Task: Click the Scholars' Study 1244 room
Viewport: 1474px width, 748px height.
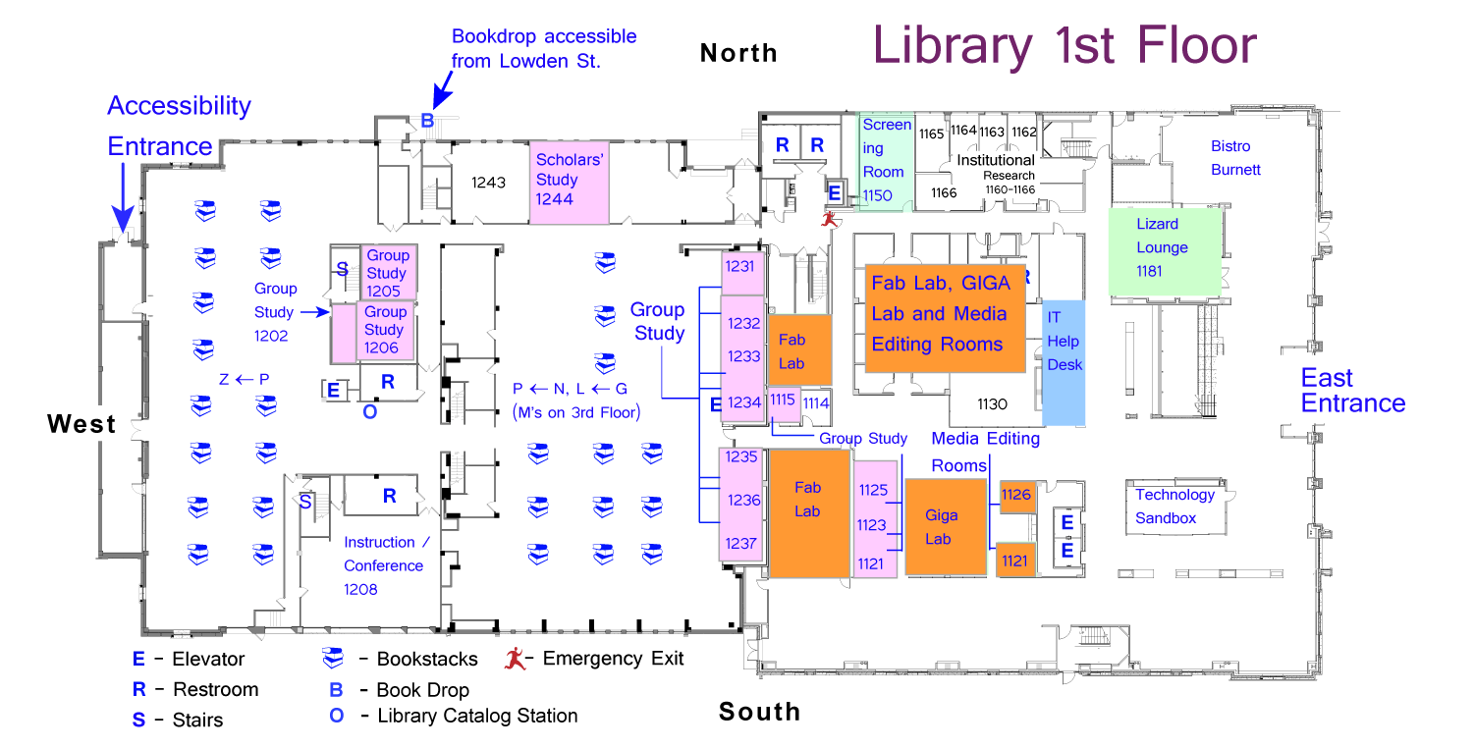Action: point(570,181)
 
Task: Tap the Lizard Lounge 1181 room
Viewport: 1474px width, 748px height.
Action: point(1166,249)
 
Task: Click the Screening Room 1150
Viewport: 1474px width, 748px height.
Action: point(886,161)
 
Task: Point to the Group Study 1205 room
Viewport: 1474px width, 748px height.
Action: point(388,271)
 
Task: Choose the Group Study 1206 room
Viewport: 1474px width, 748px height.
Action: point(384,331)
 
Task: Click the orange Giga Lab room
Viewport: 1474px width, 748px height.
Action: point(945,527)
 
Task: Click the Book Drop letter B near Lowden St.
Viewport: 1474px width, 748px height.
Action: point(427,121)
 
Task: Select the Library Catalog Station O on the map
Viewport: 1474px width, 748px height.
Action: point(369,412)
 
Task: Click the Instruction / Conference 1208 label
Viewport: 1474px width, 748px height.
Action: point(384,565)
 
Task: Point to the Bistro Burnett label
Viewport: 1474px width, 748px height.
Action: point(1235,158)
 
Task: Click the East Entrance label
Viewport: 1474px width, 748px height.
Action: point(1352,391)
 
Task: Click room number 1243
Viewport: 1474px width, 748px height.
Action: point(488,183)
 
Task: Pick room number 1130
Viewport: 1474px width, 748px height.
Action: point(993,403)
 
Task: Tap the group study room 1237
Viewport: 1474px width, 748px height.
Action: point(741,543)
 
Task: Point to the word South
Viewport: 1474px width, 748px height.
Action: point(759,712)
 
